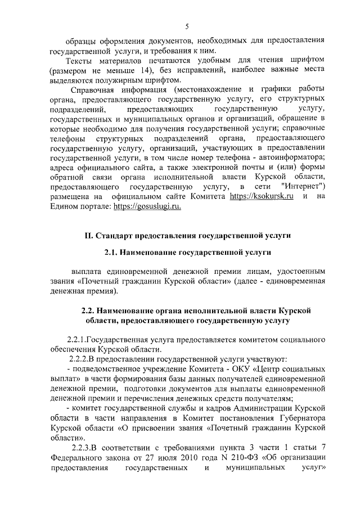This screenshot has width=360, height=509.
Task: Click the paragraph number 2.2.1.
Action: (x=77, y=339)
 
